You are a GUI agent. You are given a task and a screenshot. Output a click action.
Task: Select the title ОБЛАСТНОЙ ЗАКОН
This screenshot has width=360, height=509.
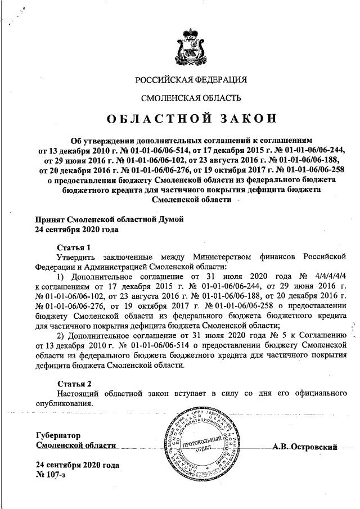click(191, 119)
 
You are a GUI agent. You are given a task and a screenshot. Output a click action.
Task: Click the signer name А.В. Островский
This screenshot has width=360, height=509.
click(304, 447)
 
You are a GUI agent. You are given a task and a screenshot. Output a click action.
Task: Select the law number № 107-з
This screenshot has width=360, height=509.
click(50, 477)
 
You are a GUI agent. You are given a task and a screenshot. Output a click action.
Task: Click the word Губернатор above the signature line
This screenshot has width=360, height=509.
click(58, 435)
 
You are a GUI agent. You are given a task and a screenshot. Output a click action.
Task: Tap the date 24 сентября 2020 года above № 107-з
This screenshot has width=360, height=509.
click(77, 466)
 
